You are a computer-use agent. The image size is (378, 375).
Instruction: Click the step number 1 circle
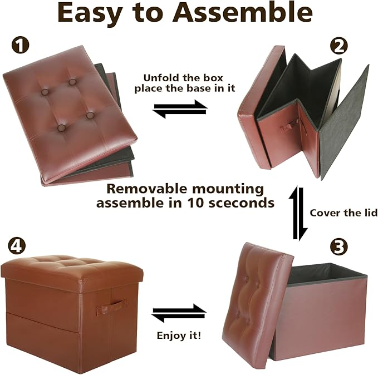[21, 46]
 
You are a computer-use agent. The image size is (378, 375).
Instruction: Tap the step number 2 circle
[339, 47]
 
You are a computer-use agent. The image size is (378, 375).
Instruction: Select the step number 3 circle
[338, 247]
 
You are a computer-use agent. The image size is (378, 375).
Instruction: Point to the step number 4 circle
[17, 246]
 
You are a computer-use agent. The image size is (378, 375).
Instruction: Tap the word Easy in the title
[89, 14]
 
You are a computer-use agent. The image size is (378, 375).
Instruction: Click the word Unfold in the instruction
[161, 78]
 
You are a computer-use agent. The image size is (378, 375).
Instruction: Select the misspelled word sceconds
[241, 203]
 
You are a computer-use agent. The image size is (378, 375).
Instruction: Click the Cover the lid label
[343, 213]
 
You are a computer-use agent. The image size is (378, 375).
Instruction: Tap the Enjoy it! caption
[179, 335]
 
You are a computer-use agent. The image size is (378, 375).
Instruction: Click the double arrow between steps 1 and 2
[180, 109]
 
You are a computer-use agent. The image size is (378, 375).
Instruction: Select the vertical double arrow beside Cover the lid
[298, 213]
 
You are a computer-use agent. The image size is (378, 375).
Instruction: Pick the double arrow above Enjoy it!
[179, 313]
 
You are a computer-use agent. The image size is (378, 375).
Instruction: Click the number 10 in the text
[195, 203]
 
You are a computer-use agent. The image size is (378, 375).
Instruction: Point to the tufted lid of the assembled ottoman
[72, 269]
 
